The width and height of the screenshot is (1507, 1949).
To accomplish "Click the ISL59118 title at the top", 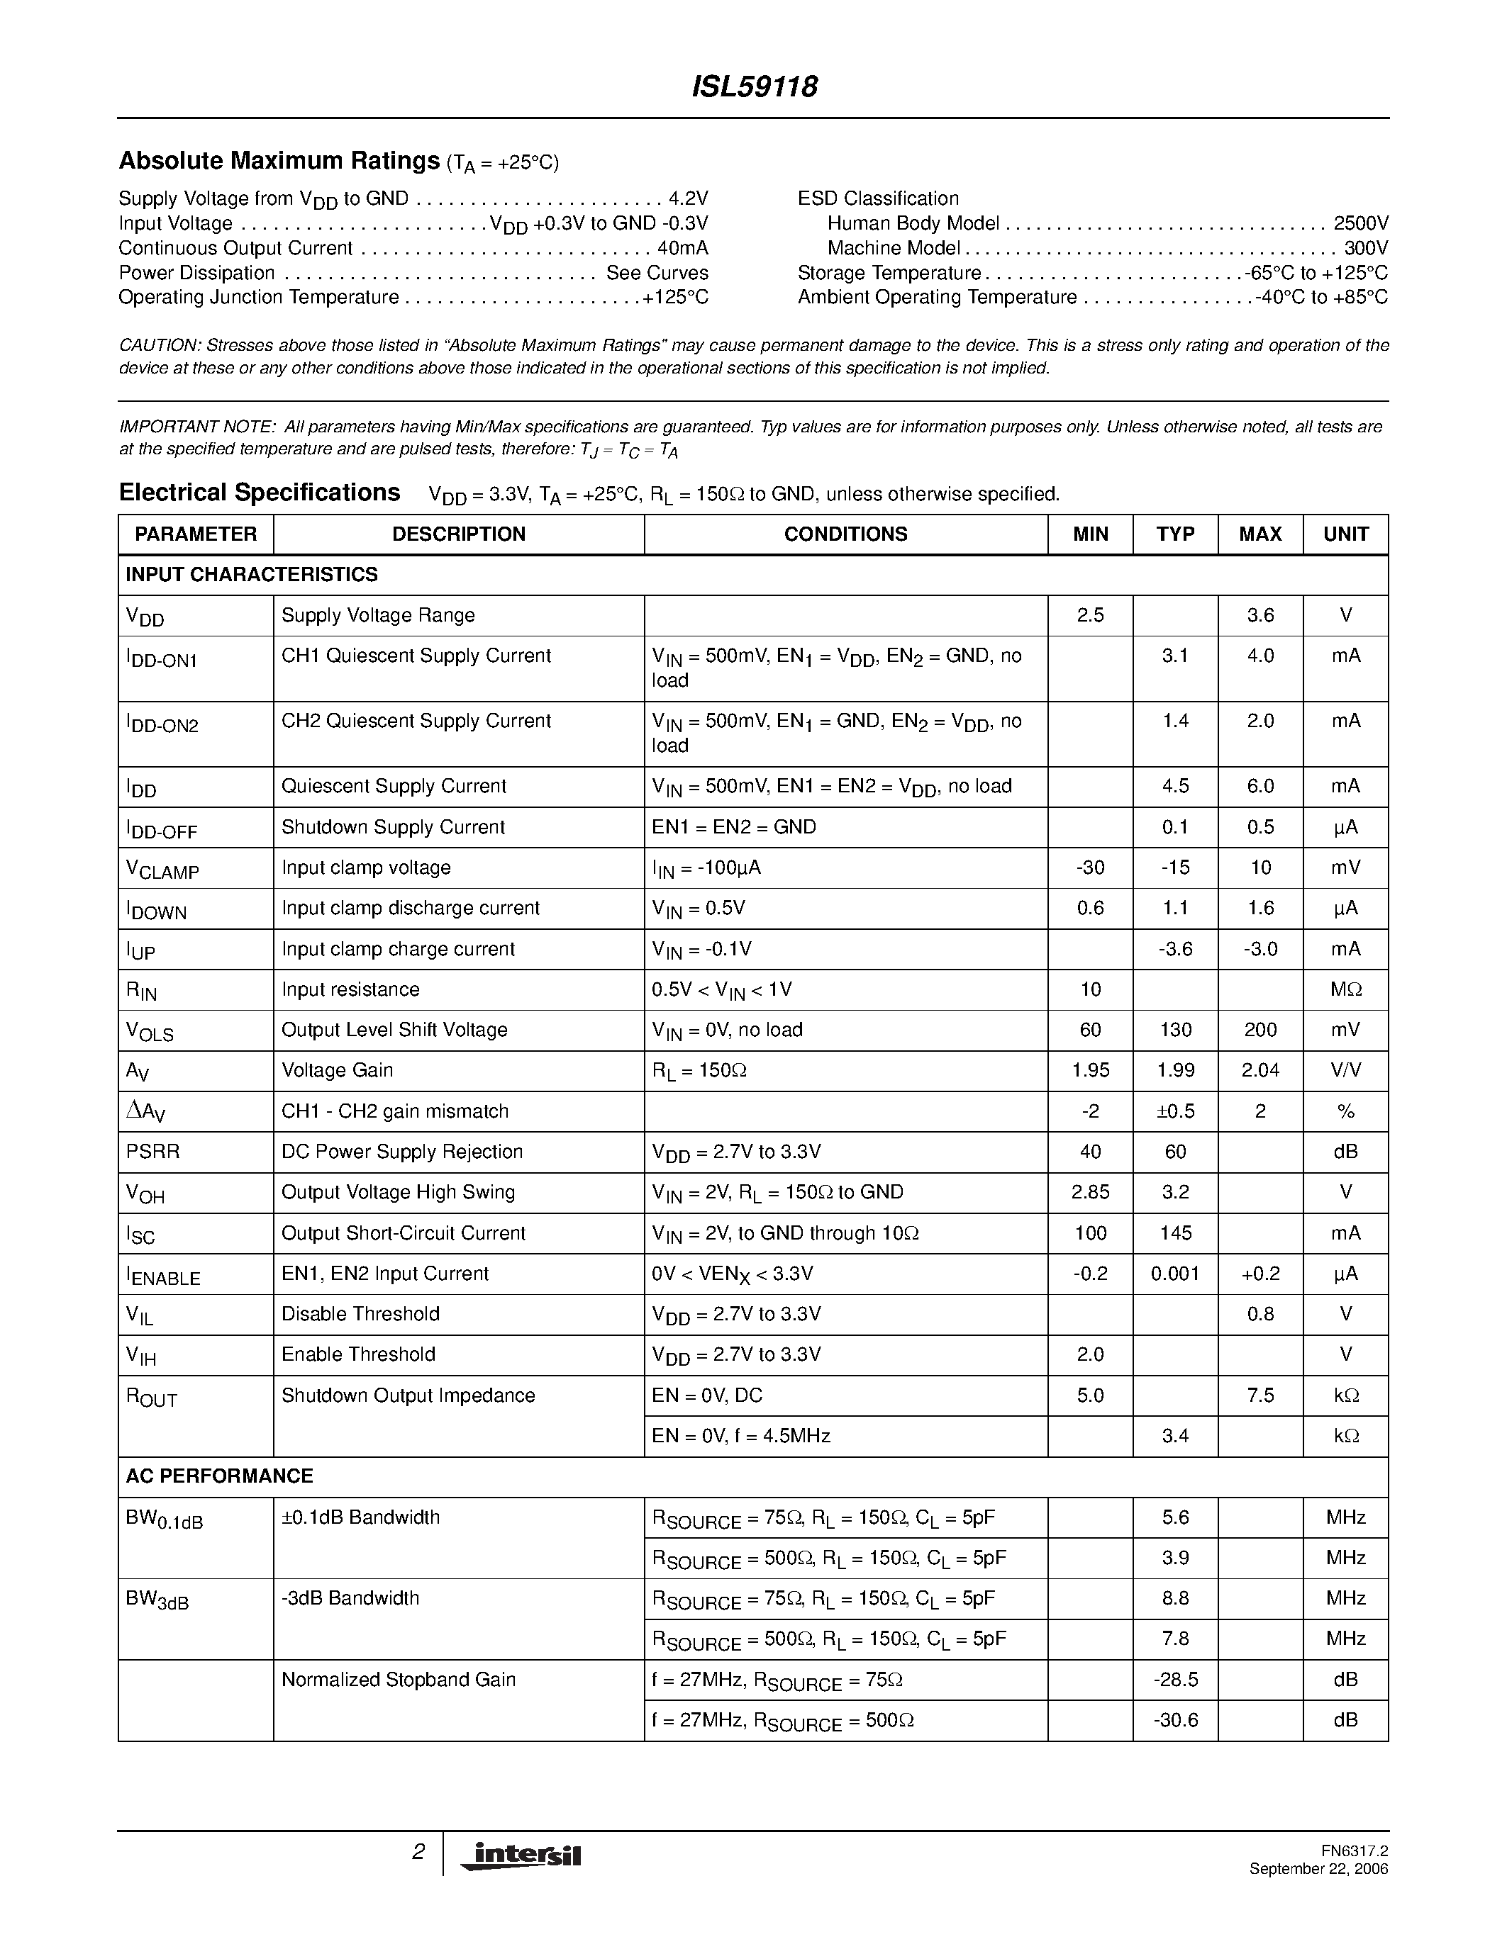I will [755, 86].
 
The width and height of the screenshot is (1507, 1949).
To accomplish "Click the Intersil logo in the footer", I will [521, 1855].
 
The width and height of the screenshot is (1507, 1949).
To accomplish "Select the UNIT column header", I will [1345, 534].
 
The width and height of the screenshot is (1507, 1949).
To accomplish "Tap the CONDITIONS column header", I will [845, 534].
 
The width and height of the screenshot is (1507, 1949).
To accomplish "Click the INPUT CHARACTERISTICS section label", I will [252, 575].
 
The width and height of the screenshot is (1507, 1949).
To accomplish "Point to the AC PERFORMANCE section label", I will [220, 1476].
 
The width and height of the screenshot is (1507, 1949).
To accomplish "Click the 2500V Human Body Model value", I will [1361, 223].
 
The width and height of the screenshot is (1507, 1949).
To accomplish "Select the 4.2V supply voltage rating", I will [689, 198].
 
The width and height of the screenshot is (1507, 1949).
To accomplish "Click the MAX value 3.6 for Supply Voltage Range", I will [1259, 615].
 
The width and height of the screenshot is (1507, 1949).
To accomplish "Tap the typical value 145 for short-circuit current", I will [1175, 1232].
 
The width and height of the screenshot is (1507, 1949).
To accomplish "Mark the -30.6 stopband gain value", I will [1175, 1719].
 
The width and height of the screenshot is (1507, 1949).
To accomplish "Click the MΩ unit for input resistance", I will [1345, 989].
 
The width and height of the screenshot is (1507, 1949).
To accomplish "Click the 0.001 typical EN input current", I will [1175, 1274].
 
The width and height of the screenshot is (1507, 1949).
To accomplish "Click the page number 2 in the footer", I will [418, 1853].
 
